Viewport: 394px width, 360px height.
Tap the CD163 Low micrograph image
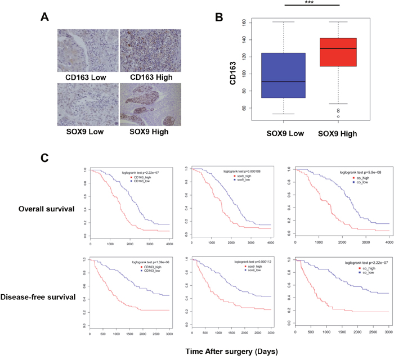87,51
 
